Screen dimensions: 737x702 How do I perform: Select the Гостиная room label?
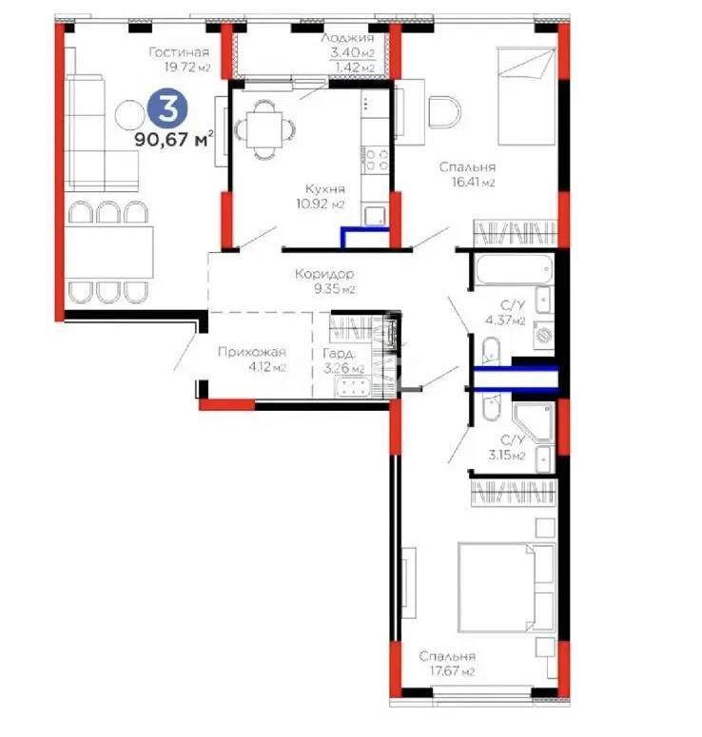click(x=178, y=52)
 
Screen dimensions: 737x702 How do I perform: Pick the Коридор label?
click(x=314, y=273)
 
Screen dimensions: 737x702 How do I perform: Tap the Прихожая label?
click(x=251, y=353)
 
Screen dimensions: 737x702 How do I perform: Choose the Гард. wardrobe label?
click(x=343, y=353)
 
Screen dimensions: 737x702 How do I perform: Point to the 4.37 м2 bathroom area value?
click(x=506, y=320)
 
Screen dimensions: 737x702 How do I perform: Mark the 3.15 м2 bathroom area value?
click(x=506, y=455)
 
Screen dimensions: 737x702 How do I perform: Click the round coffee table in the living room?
click(x=129, y=116)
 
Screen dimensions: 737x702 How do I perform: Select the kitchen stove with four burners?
click(x=376, y=158)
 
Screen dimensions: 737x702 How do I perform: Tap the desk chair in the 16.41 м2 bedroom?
click(x=443, y=112)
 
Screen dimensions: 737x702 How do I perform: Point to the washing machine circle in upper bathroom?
click(x=544, y=334)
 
